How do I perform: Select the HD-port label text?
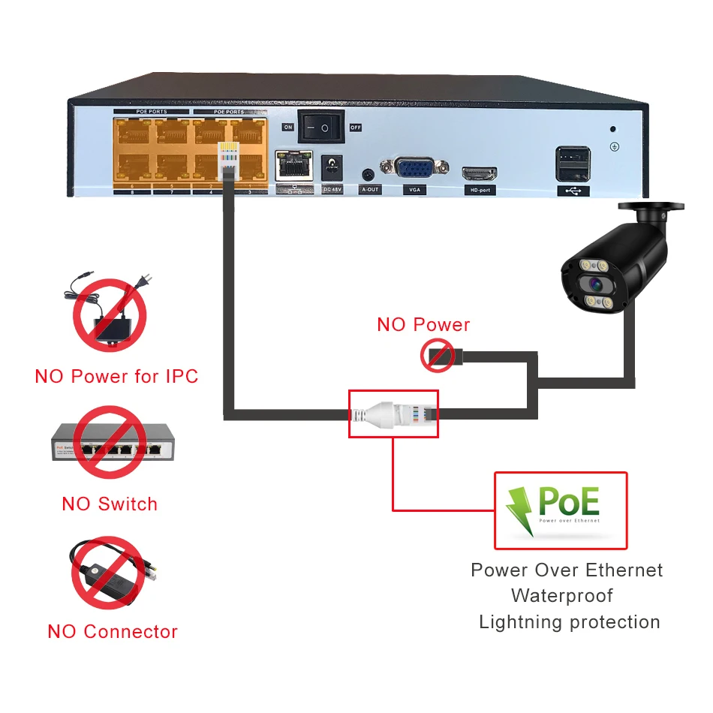[x=479, y=190]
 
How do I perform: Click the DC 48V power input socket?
[x=331, y=167]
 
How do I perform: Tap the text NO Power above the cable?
[x=423, y=325]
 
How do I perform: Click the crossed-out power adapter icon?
[x=109, y=314]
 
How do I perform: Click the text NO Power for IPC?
[x=116, y=376]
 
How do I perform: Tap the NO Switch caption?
[x=110, y=504]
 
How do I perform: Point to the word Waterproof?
[x=562, y=596]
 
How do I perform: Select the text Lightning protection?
[x=569, y=622]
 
